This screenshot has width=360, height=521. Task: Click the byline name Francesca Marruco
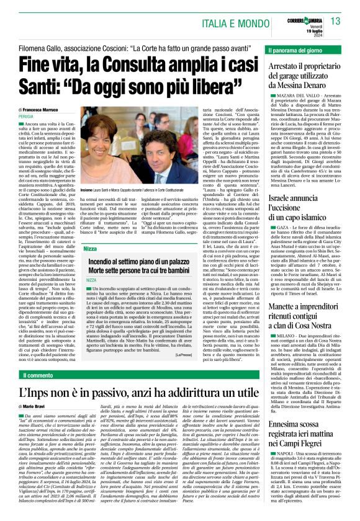pyautogui.click(x=50, y=109)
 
